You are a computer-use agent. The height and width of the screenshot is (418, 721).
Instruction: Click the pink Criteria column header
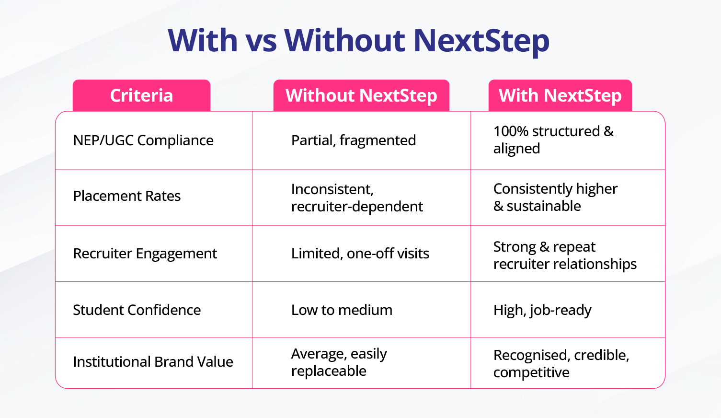pyautogui.click(x=141, y=95)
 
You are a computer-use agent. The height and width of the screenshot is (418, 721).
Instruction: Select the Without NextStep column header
pyautogui.click(x=361, y=95)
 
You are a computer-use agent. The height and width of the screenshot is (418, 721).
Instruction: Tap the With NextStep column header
pyautogui.click(x=560, y=95)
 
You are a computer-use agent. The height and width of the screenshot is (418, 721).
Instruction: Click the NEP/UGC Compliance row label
pyautogui.click(x=143, y=140)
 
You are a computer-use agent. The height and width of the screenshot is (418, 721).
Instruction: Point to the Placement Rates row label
pyautogui.click(x=127, y=196)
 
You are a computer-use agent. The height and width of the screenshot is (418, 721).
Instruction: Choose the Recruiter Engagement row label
pyautogui.click(x=145, y=254)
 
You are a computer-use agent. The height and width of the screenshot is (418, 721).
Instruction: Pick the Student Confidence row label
pyautogui.click(x=137, y=310)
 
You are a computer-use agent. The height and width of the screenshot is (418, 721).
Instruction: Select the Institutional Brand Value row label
pyautogui.click(x=153, y=361)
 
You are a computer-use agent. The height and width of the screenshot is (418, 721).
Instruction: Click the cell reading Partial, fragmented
pyautogui.click(x=354, y=140)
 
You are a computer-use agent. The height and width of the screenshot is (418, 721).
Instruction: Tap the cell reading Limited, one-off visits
pyautogui.click(x=360, y=254)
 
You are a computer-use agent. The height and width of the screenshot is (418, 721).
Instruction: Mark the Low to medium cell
pyautogui.click(x=342, y=310)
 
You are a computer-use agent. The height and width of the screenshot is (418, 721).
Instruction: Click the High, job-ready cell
pyautogui.click(x=542, y=310)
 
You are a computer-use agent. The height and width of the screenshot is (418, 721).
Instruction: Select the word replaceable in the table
pyautogui.click(x=329, y=371)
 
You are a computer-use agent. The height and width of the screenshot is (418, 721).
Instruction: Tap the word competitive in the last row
pyautogui.click(x=531, y=372)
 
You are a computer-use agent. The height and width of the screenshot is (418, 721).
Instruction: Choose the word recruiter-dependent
pyautogui.click(x=357, y=207)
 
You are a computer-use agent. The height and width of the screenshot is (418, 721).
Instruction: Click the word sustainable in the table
pyautogui.click(x=544, y=206)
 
